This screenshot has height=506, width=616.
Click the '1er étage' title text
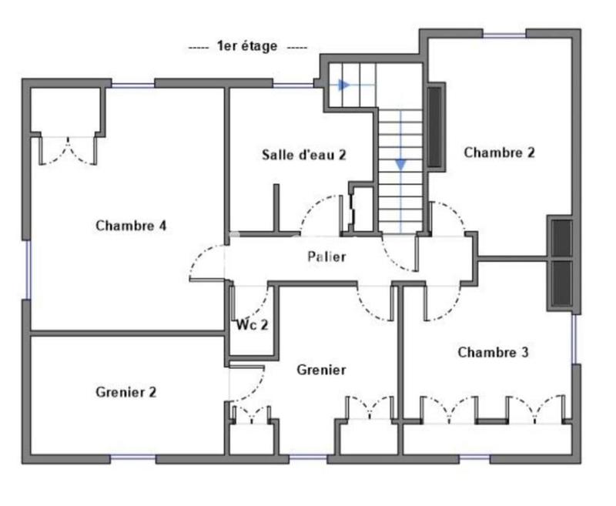coord(248,47)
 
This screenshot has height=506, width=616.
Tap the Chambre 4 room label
coord(132,226)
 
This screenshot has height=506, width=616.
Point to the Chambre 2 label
coord(499,152)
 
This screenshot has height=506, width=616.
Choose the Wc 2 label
coord(253,324)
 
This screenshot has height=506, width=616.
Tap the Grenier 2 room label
coord(126,392)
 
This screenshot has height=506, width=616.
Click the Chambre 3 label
coord(493,353)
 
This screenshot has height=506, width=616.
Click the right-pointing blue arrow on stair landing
coord(346,84)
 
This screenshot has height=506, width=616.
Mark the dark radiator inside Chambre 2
coord(435,127)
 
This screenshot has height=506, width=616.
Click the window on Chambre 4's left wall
coord(28,270)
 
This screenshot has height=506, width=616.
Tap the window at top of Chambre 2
coord(504,34)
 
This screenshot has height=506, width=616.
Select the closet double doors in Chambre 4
coord(68,150)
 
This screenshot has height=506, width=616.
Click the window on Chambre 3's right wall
coord(574,339)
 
